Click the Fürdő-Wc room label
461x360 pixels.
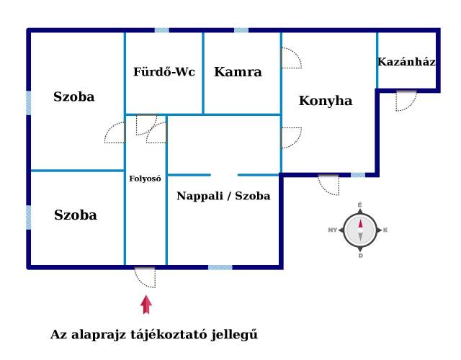coord(164,72)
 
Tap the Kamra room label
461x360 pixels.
coord(238,72)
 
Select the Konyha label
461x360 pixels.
coord(326,101)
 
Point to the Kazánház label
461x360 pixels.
coord(406,62)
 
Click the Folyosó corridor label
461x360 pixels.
coord(145,179)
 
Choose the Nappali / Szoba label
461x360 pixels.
coord(223,196)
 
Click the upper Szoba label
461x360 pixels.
coord(73,96)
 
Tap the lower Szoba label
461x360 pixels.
coord(75,215)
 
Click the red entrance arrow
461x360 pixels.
coord(146,305)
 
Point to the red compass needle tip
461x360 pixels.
coord(360,220)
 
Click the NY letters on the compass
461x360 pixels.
coord(333,230)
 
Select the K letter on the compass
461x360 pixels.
coord(385,230)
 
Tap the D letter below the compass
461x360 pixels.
coord(361,256)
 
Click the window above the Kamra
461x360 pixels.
coord(241,30)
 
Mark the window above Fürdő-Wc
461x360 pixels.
coord(162,30)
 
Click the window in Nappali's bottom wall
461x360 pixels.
coord(220,267)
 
